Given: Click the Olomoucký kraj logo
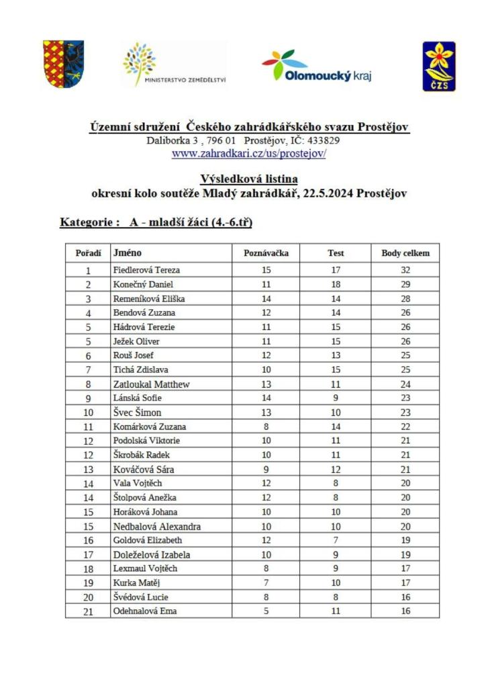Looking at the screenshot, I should click(x=316, y=67).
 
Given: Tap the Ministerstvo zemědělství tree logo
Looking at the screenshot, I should click(x=175, y=64).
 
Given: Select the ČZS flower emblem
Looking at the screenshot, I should click(x=439, y=65).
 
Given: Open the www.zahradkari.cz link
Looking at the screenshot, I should click(x=249, y=153).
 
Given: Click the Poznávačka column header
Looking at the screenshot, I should click(x=266, y=253).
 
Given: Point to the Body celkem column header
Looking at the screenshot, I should click(x=405, y=253).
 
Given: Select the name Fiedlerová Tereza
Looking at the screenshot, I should click(x=147, y=270).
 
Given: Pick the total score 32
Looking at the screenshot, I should click(x=405, y=270).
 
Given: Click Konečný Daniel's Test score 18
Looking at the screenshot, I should click(x=336, y=284).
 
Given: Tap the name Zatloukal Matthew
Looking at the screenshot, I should click(x=152, y=384).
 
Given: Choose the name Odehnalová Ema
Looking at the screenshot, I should click(x=146, y=611).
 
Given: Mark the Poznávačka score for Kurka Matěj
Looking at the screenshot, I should click(x=266, y=583).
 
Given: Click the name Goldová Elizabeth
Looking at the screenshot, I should click(x=148, y=540).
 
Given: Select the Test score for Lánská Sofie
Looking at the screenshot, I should click(x=336, y=398).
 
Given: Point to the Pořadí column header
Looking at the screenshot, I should click(x=88, y=253).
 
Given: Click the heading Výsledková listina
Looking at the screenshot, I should click(x=249, y=179).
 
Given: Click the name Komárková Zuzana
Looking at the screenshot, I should click(x=150, y=427).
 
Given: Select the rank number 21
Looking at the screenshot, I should click(x=88, y=611).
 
